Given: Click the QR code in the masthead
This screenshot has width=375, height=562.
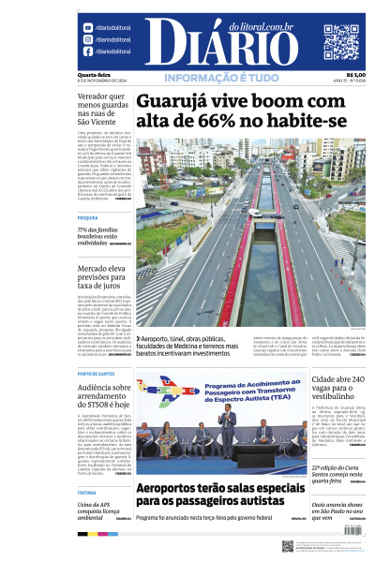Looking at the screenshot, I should (x=341, y=41).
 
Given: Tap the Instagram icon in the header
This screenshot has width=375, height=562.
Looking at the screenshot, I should (x=88, y=40).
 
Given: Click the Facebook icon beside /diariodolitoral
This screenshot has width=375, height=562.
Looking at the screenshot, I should (x=88, y=52).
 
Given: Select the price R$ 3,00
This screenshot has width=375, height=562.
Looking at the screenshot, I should (x=356, y=75).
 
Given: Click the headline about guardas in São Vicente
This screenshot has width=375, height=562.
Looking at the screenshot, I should (x=103, y=108).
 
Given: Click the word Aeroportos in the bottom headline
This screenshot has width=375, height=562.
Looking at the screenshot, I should (x=173, y=489).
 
